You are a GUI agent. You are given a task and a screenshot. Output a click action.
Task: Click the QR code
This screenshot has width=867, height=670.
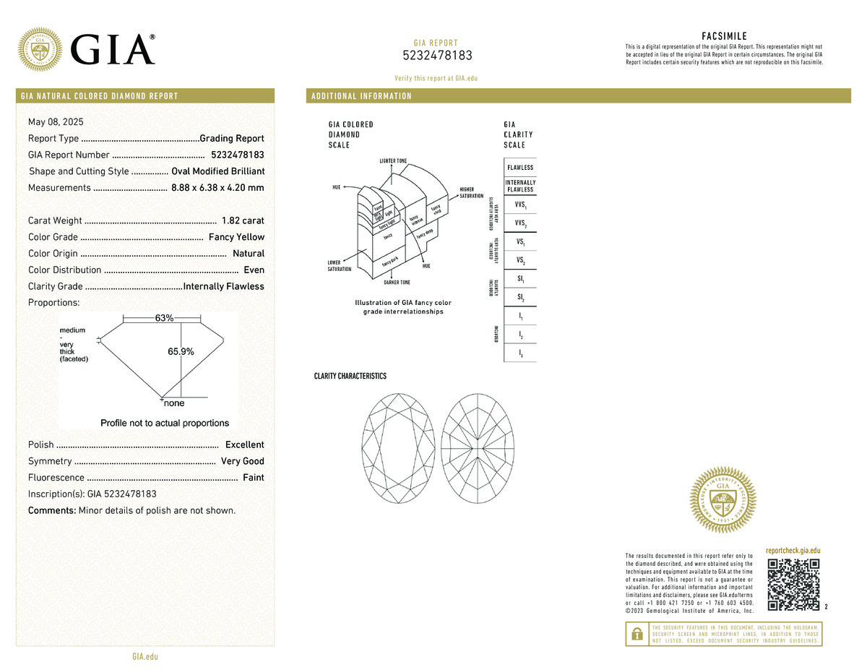[793, 584]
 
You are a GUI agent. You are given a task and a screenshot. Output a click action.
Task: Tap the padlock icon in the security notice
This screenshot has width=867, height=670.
[637, 633]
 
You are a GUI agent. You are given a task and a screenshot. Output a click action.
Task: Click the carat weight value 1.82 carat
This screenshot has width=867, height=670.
[243, 220]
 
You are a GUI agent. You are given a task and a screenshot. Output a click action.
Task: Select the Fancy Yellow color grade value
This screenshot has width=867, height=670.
[236, 237]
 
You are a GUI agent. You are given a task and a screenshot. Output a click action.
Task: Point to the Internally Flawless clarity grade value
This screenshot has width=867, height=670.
[224, 286]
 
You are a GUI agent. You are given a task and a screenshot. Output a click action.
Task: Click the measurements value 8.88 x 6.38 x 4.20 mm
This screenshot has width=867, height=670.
[217, 188]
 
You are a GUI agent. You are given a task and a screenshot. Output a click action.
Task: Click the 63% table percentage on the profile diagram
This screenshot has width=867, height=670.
[164, 319]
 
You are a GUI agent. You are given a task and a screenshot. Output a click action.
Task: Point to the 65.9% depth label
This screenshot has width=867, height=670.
[181, 351]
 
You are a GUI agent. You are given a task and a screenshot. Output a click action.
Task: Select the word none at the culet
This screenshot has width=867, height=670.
[174, 404]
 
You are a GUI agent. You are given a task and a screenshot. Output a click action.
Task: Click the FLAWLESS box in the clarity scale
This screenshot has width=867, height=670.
[520, 168]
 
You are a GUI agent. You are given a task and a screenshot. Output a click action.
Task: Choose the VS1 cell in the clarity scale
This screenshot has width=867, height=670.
[520, 242]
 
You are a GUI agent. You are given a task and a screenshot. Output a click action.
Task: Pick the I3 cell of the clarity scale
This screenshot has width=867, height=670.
[520, 353]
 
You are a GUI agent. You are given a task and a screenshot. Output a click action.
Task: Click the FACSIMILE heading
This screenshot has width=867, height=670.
[724, 36]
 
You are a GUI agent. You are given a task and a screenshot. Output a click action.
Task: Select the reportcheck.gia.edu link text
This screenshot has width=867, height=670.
[793, 551]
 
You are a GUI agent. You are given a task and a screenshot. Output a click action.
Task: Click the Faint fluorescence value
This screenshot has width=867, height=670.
[253, 478]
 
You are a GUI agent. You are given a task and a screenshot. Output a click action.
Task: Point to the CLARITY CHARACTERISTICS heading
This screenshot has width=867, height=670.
[350, 377]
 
